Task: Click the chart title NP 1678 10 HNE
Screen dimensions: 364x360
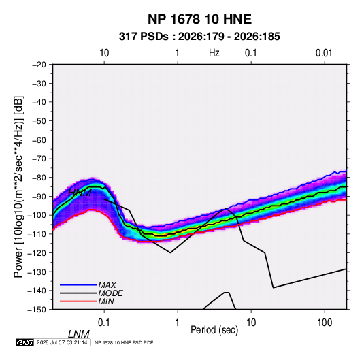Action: (x=199, y=19)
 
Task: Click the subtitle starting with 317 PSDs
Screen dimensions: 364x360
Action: (x=199, y=37)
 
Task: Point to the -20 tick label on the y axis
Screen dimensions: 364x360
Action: (x=39, y=65)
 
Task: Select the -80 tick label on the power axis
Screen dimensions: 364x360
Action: (x=39, y=178)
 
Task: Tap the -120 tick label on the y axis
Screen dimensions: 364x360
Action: (x=37, y=253)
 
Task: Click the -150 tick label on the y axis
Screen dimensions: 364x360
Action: (x=37, y=310)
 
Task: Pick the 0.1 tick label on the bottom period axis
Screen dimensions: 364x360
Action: (x=104, y=322)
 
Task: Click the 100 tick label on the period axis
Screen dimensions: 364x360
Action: (x=325, y=322)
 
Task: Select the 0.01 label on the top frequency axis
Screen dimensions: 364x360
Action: (x=324, y=53)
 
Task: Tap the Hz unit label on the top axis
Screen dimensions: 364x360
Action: (x=214, y=53)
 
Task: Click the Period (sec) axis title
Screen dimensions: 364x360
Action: (x=214, y=330)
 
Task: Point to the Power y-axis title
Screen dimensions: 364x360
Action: (x=18, y=186)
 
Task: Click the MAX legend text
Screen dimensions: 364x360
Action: (x=107, y=284)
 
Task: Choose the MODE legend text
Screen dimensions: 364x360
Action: (x=110, y=293)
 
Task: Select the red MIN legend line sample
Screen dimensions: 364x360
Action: (x=78, y=301)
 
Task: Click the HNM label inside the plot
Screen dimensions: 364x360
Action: (x=80, y=193)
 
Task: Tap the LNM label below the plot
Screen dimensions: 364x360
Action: (x=79, y=334)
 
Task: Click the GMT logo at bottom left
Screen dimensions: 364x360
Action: (x=24, y=342)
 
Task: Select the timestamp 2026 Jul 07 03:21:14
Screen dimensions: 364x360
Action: (x=62, y=342)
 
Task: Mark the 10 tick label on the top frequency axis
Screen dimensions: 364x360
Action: (x=104, y=53)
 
